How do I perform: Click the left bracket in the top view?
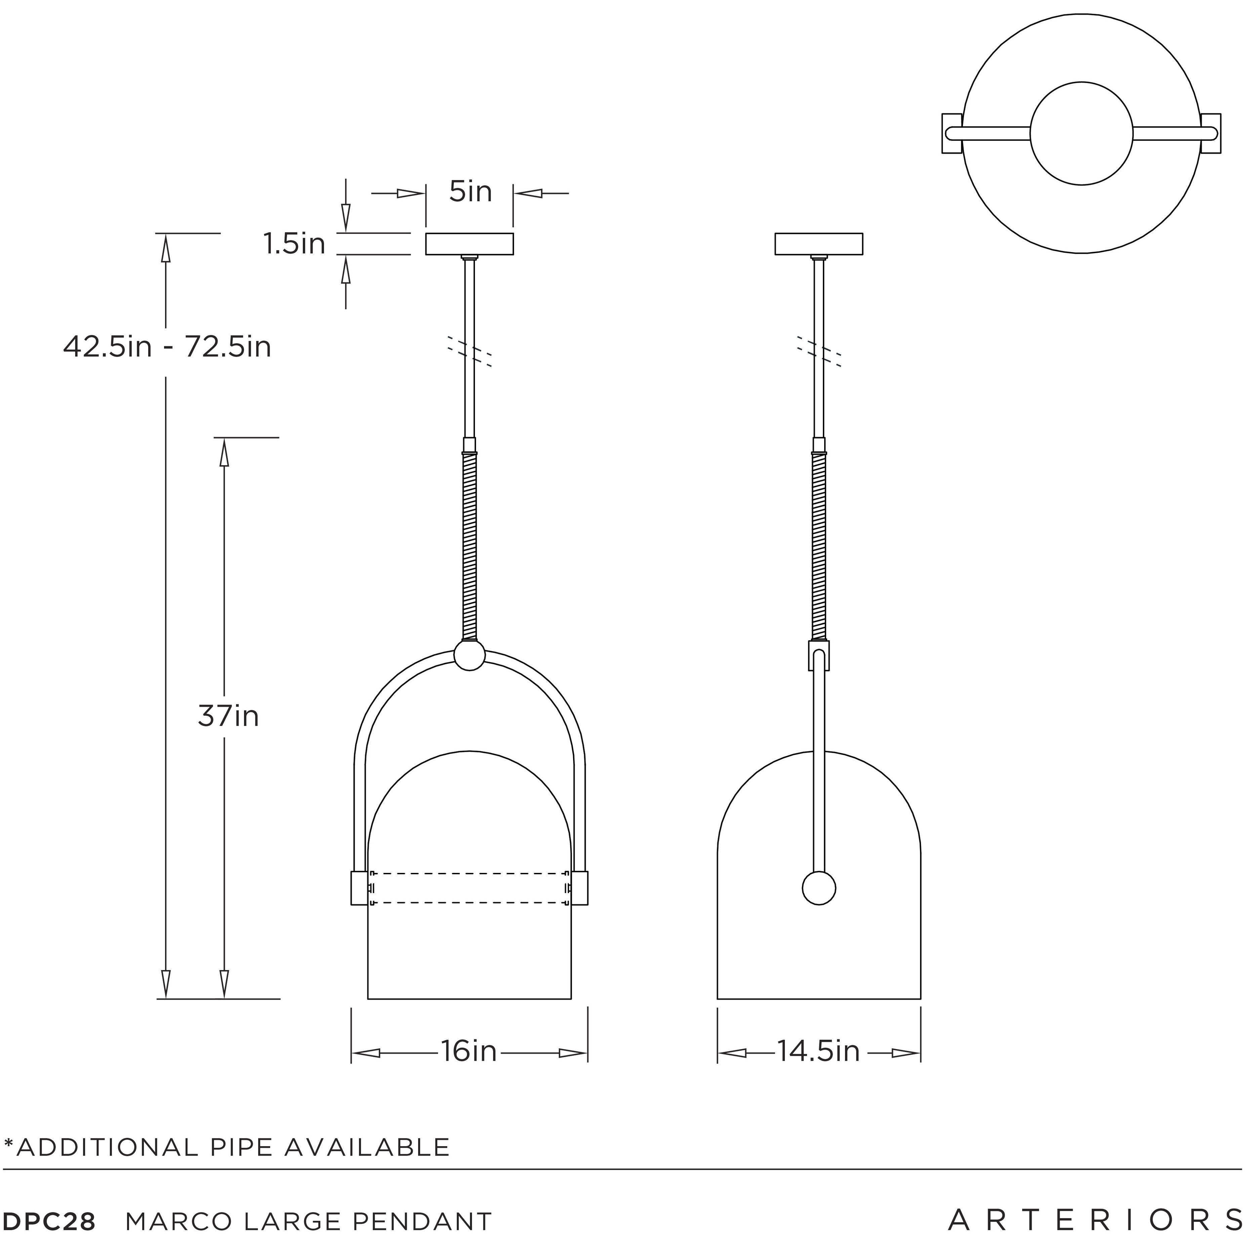[x=952, y=133]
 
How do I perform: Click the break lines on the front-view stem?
[x=470, y=351]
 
